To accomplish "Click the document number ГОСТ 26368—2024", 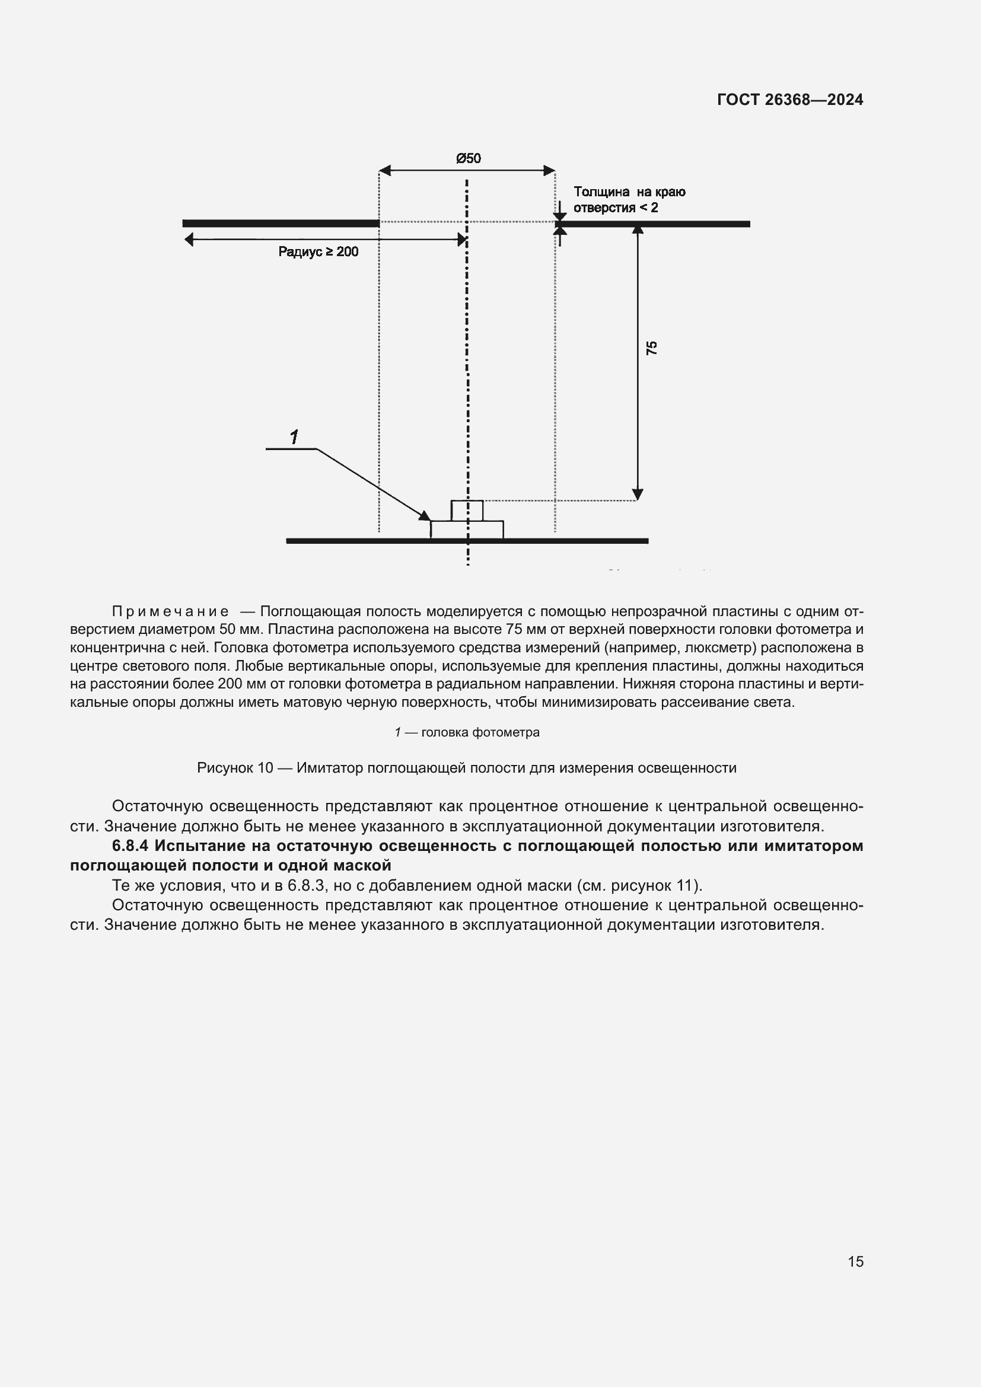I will coord(789,100).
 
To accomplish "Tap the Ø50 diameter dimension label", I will coord(468,158).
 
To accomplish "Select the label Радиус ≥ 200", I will coord(318,252).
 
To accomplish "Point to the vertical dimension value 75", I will coord(652,347).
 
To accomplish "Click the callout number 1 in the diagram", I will coord(294,437).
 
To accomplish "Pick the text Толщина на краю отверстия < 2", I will coord(629,200).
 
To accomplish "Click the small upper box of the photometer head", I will coord(467,511).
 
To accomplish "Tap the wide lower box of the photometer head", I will coord(467,529).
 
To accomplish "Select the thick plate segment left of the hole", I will coord(281,224).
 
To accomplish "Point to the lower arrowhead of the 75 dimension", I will coord(636,495).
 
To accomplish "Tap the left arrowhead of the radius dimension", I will coord(189,240).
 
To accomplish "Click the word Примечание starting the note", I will coord(170,611).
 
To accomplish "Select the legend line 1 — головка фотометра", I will coord(467,732).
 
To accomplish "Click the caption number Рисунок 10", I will coord(235,768).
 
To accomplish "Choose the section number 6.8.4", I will coord(130,846).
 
